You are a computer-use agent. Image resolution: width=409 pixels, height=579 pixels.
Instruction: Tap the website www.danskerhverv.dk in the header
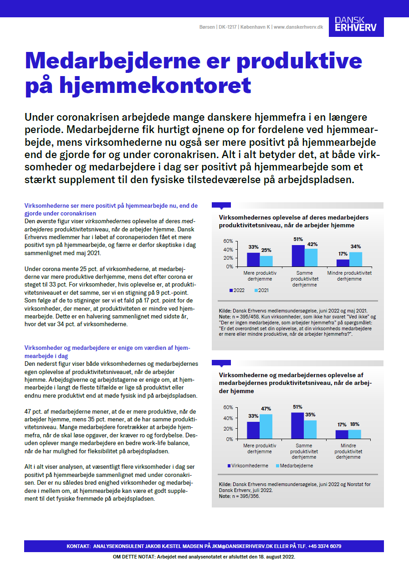click(x=298, y=27)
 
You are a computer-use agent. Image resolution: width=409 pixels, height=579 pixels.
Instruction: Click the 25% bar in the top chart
click(x=266, y=261)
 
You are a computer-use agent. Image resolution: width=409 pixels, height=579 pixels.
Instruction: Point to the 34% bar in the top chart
click(x=356, y=259)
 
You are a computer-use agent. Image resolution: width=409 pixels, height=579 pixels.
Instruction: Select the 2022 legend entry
click(x=237, y=290)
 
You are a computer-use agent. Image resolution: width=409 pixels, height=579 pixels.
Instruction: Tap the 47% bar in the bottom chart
click(x=266, y=426)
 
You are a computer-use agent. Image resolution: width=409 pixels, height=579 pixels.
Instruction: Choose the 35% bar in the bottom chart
click(x=310, y=430)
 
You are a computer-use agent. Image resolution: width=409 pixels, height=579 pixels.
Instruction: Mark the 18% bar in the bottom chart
click(x=355, y=435)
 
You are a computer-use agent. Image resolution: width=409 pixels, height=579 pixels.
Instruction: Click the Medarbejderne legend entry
click(x=294, y=466)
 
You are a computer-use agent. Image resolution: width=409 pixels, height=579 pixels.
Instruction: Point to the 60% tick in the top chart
click(x=228, y=241)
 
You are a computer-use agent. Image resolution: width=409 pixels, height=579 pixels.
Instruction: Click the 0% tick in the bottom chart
click(x=229, y=439)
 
